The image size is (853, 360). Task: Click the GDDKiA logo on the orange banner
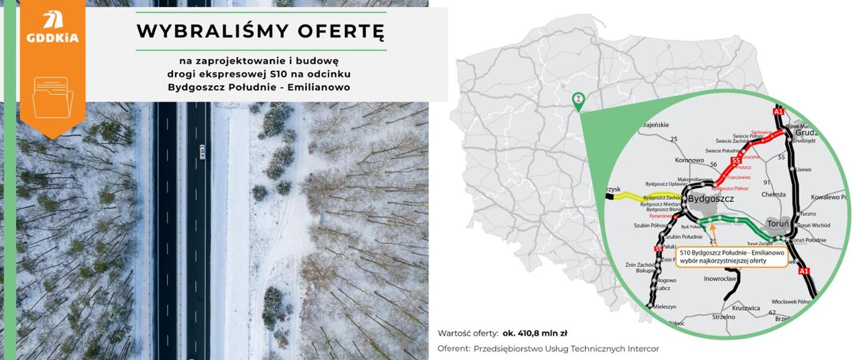tap(52, 28)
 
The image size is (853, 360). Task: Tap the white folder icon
tap(52, 97)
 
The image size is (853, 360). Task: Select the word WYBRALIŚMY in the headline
tap(213, 32)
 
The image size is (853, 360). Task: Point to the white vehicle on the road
tap(203, 152)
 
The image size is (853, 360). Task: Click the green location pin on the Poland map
tap(578, 100)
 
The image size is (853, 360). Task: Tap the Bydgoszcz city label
tap(711, 199)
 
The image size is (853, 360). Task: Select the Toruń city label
tap(777, 224)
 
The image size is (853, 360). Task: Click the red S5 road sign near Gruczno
tap(736, 160)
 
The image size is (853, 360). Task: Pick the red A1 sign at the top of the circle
tap(778, 112)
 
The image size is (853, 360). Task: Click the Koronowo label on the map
tap(689, 160)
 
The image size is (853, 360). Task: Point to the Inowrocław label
tap(720, 279)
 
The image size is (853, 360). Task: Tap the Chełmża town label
tap(773, 195)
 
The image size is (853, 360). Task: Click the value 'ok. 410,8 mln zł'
tap(535, 333)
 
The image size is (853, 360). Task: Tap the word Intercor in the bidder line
tap(643, 349)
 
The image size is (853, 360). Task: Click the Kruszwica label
tap(746, 308)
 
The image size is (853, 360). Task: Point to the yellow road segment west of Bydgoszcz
tap(626, 197)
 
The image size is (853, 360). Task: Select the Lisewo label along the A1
tap(803, 169)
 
